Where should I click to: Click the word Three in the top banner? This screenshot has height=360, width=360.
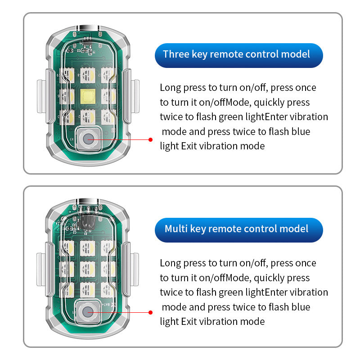pyautogui.click(x=173, y=54)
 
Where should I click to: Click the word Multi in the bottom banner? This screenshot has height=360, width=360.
pyautogui.click(x=175, y=229)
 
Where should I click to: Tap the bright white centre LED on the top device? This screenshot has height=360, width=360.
pyautogui.click(x=87, y=95)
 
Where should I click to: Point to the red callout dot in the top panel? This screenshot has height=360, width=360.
pyautogui.click(x=151, y=139)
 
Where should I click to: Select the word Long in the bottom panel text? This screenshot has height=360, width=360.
pyautogui.click(x=170, y=263)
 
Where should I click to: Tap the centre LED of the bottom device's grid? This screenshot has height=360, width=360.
pyautogui.click(x=87, y=269)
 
